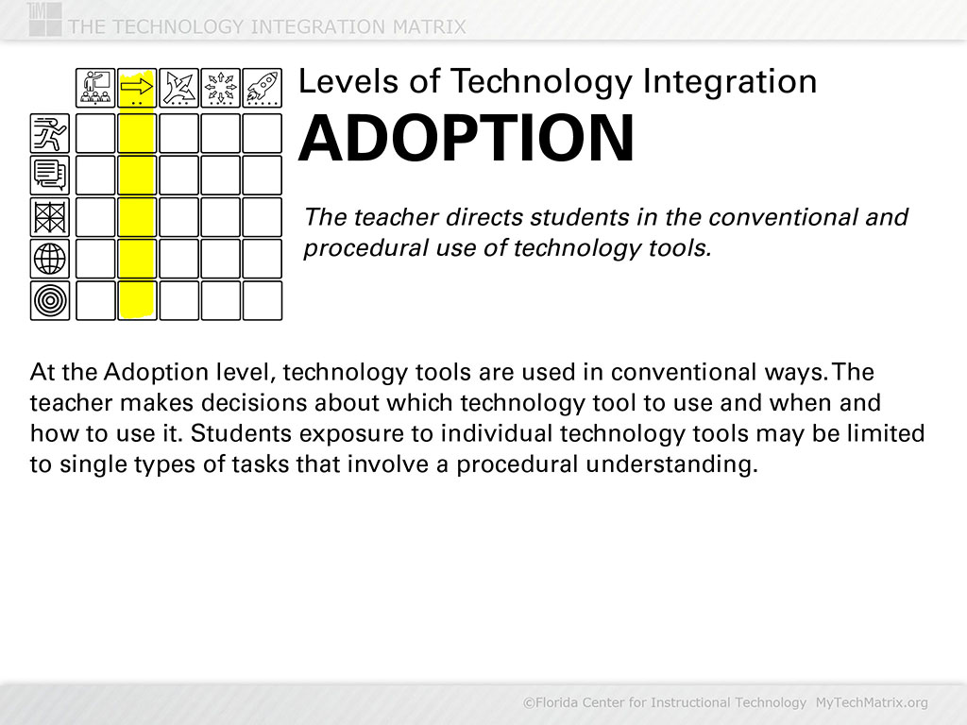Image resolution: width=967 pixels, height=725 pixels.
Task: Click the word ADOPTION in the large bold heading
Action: pos(467,138)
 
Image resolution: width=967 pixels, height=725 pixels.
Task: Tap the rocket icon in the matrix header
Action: pos(263,88)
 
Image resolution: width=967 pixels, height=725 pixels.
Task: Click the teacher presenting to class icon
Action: pos(95,88)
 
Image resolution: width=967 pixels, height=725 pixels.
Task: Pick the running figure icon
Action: pos(50,133)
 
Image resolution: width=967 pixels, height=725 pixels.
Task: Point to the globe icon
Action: pos(50,259)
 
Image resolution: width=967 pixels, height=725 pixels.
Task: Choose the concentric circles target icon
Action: pos(50,300)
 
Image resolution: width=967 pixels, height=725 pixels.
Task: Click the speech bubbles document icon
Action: pos(50,175)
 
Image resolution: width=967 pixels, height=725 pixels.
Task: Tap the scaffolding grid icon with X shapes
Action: pos(50,217)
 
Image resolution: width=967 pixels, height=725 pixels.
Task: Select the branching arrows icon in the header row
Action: pos(178,88)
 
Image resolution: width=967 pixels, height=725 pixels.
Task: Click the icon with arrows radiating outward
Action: pos(220,88)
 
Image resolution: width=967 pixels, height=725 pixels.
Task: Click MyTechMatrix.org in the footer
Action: pos(872,702)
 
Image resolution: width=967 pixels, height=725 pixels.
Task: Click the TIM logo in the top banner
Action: pos(44,19)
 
